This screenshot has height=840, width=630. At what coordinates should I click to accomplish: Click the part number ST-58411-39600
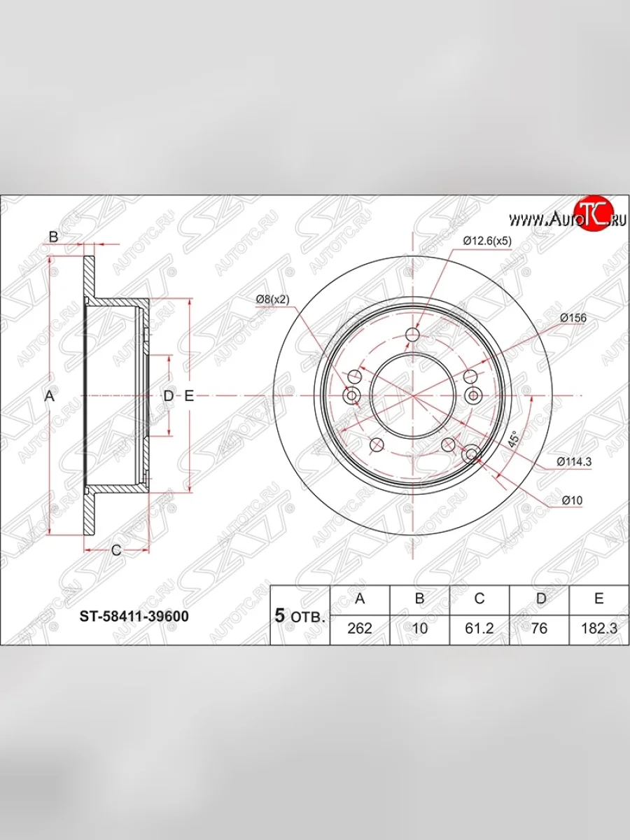coord(134,617)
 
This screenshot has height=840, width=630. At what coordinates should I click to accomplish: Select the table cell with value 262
coord(360,629)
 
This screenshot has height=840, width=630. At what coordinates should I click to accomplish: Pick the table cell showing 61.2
coord(479,629)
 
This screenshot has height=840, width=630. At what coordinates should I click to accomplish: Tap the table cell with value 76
coord(539,629)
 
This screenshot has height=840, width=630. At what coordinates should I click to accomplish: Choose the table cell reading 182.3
coord(599,629)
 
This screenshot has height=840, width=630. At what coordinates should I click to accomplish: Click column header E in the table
coord(599,598)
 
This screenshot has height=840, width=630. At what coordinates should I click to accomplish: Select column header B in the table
coord(419,598)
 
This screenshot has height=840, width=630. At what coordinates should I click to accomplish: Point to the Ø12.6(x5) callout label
coord(487,241)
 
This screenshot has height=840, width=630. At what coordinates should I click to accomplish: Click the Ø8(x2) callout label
coord(273,300)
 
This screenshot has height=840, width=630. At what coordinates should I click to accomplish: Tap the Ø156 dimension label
coord(573,318)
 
